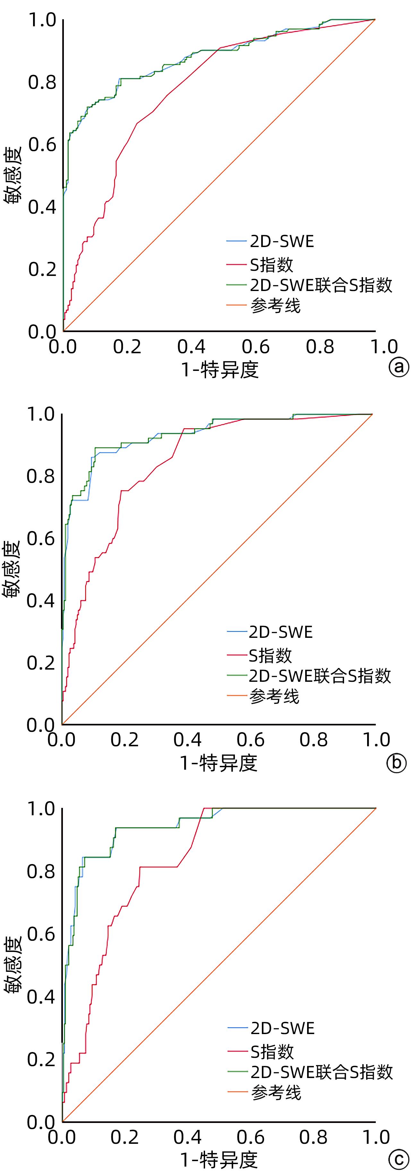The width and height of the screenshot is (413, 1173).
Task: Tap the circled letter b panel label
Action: [396, 762]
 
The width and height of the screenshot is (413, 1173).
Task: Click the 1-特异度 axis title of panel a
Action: [220, 370]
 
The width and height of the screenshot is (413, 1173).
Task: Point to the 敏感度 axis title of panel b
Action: [11, 569]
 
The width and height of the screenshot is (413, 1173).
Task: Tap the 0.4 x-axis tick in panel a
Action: [191, 347]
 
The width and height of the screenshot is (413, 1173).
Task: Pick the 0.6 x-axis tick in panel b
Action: [250, 740]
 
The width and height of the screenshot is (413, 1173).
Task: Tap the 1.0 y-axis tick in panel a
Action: [42, 20]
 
